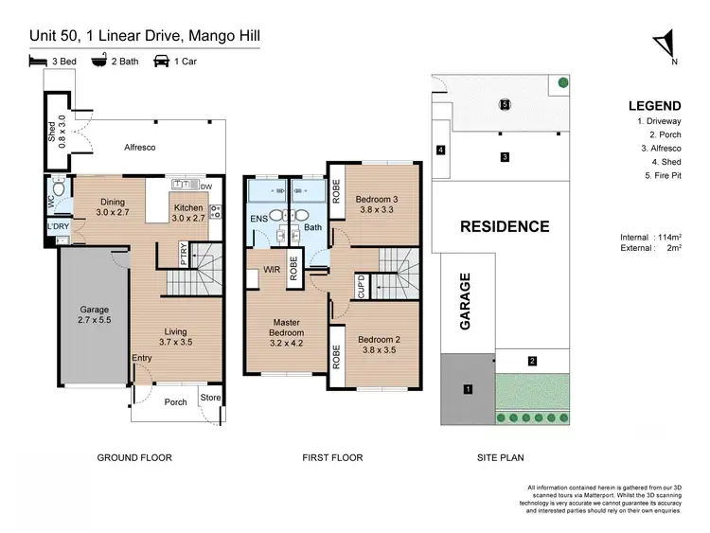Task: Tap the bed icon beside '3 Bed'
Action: (x=37, y=62)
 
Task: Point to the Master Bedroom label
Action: (x=285, y=328)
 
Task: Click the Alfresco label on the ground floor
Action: (x=139, y=149)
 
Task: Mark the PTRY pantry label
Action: (x=184, y=254)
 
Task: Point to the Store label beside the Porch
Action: (x=210, y=399)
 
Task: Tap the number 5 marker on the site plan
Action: (x=506, y=104)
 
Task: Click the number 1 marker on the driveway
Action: (x=467, y=389)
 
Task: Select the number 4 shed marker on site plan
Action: (x=440, y=150)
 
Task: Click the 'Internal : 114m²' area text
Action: (x=654, y=237)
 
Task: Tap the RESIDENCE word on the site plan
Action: (x=505, y=226)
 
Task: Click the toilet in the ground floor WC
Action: (x=59, y=189)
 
